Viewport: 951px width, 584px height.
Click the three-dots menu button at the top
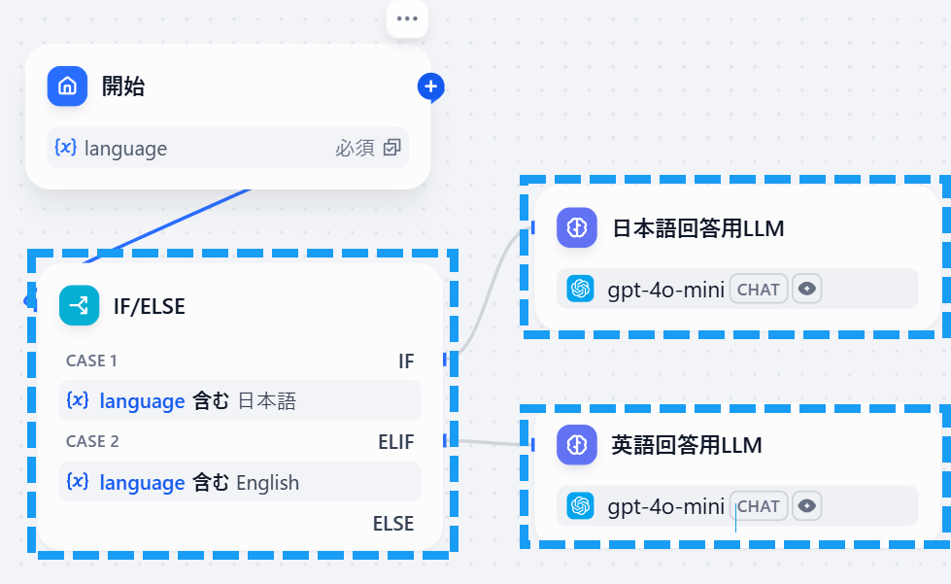coord(407,19)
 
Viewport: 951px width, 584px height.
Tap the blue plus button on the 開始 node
coord(431,87)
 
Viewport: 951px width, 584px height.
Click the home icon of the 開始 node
coord(67,86)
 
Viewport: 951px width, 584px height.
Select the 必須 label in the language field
coord(356,149)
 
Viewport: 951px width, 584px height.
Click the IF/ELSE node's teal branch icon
coord(79,306)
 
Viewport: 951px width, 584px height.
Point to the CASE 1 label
coord(91,361)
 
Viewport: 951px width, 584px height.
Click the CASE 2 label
coord(92,441)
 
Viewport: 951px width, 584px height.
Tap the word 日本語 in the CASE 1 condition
coord(266,400)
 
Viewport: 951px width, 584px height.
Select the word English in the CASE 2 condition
coord(267,483)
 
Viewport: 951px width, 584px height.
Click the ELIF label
coord(395,442)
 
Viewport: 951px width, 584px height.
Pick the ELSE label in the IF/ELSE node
coord(393,524)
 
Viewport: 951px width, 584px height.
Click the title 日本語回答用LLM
coord(697,228)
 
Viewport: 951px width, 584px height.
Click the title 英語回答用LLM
coord(687,445)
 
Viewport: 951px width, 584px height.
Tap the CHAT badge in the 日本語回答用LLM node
coord(759,289)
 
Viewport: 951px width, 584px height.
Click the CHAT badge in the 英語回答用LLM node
coord(759,505)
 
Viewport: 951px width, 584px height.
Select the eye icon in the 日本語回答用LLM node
coord(807,289)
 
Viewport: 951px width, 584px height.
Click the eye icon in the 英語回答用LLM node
coord(807,505)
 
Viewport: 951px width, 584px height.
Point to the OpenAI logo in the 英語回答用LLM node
coord(581,505)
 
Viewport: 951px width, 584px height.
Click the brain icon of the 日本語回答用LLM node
coord(576,228)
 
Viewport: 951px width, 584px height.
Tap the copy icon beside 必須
coord(391,149)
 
